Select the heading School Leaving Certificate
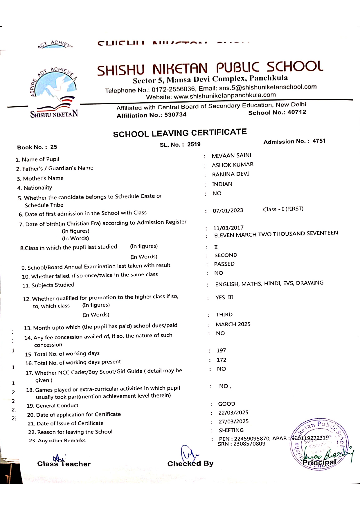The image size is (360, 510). click(180, 133)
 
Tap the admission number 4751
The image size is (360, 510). click(319, 141)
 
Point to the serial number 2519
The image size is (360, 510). click(194, 144)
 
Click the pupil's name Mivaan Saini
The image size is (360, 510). click(231, 155)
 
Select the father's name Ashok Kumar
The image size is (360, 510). click(233, 165)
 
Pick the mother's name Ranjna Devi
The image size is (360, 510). click(230, 174)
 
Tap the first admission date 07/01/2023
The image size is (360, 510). click(228, 210)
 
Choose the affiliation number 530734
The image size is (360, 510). click(175, 115)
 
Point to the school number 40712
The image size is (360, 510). click(296, 112)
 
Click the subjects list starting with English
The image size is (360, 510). click(269, 283)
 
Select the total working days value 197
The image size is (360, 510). click(221, 350)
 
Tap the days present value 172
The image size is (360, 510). click(221, 360)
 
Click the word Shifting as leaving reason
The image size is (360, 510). click(231, 430)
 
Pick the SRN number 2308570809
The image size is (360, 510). click(249, 444)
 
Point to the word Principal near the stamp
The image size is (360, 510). click(319, 462)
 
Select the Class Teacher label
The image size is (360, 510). click(64, 464)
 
